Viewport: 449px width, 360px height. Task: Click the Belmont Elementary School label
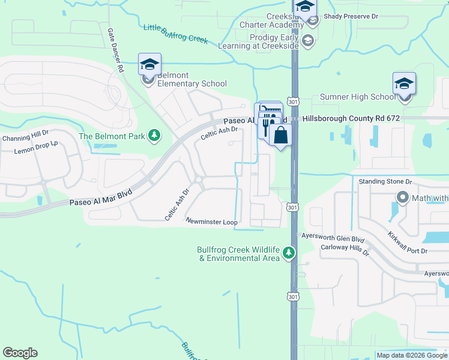click(191, 79)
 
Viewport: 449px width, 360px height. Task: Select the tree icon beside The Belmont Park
click(155, 136)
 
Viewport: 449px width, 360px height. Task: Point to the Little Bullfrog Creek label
click(175, 34)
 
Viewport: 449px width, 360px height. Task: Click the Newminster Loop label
click(211, 221)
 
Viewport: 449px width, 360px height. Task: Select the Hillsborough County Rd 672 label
click(351, 119)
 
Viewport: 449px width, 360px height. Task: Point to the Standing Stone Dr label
click(385, 181)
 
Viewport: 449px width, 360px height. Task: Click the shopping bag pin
click(280, 135)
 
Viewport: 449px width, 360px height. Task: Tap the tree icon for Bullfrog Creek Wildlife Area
click(289, 253)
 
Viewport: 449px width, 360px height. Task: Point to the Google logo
click(20, 353)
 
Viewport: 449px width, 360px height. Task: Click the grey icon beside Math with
click(402, 197)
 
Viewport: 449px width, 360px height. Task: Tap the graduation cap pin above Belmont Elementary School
click(149, 65)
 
